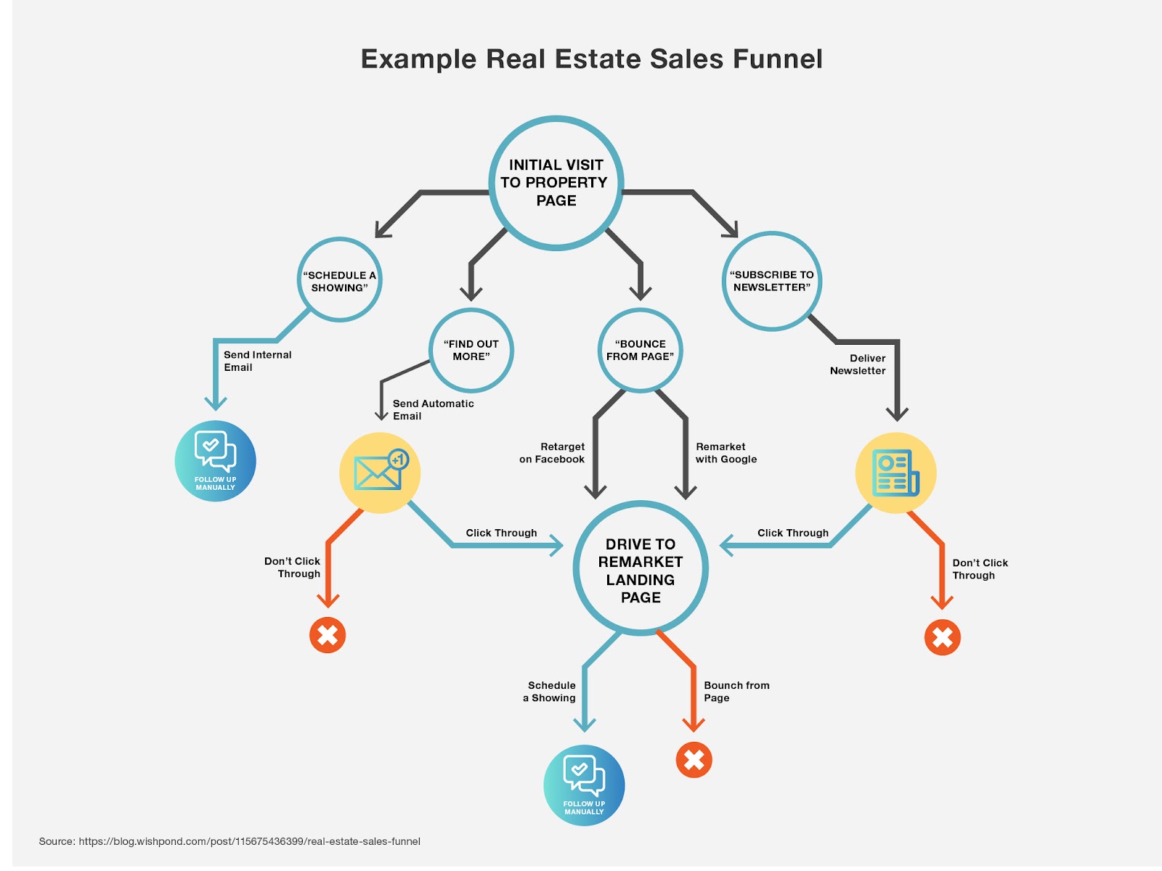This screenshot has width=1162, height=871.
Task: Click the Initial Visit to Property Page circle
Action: [x=556, y=183]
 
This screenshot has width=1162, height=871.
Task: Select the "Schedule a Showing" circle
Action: [x=339, y=280]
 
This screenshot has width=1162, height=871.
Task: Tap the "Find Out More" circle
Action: [x=471, y=350]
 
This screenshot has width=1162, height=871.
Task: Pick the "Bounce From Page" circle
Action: [x=640, y=350]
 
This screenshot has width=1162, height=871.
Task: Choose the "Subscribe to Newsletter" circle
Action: [x=771, y=281]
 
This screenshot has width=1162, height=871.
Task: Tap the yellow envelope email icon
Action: [x=380, y=473]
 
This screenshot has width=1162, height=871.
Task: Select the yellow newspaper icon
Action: [x=895, y=473]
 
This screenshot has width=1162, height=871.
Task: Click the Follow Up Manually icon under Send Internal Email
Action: [x=216, y=461]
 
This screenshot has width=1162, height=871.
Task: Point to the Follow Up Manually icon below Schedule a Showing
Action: [x=584, y=785]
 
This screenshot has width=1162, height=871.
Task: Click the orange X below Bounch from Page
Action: [x=694, y=760]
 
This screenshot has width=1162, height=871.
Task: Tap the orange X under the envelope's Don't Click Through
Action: [x=328, y=635]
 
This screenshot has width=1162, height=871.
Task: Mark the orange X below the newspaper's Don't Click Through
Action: [x=942, y=637]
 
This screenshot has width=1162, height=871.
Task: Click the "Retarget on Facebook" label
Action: [x=552, y=453]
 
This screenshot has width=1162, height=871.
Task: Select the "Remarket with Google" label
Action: [x=726, y=453]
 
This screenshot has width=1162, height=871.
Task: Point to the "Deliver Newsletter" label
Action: [x=858, y=364]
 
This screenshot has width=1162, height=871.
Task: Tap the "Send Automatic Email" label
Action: [x=433, y=409]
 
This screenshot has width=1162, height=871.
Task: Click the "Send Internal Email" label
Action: [x=257, y=361]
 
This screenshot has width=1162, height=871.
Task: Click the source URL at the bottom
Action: [x=249, y=841]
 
